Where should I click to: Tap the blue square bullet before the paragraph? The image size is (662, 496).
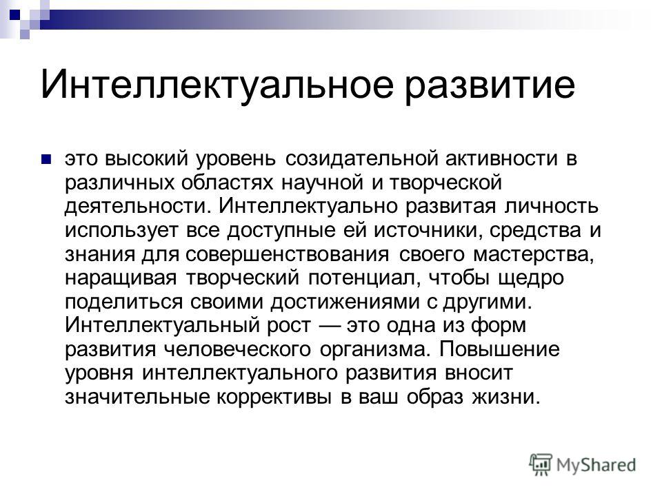coord(46,159)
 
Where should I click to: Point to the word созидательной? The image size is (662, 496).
coord(363,159)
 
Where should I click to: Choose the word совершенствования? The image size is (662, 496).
coord(287,254)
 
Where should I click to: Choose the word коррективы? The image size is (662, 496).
coord(274,397)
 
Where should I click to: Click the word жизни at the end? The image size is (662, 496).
coord(505,397)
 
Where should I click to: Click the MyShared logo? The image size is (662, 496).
coord(583,465)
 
